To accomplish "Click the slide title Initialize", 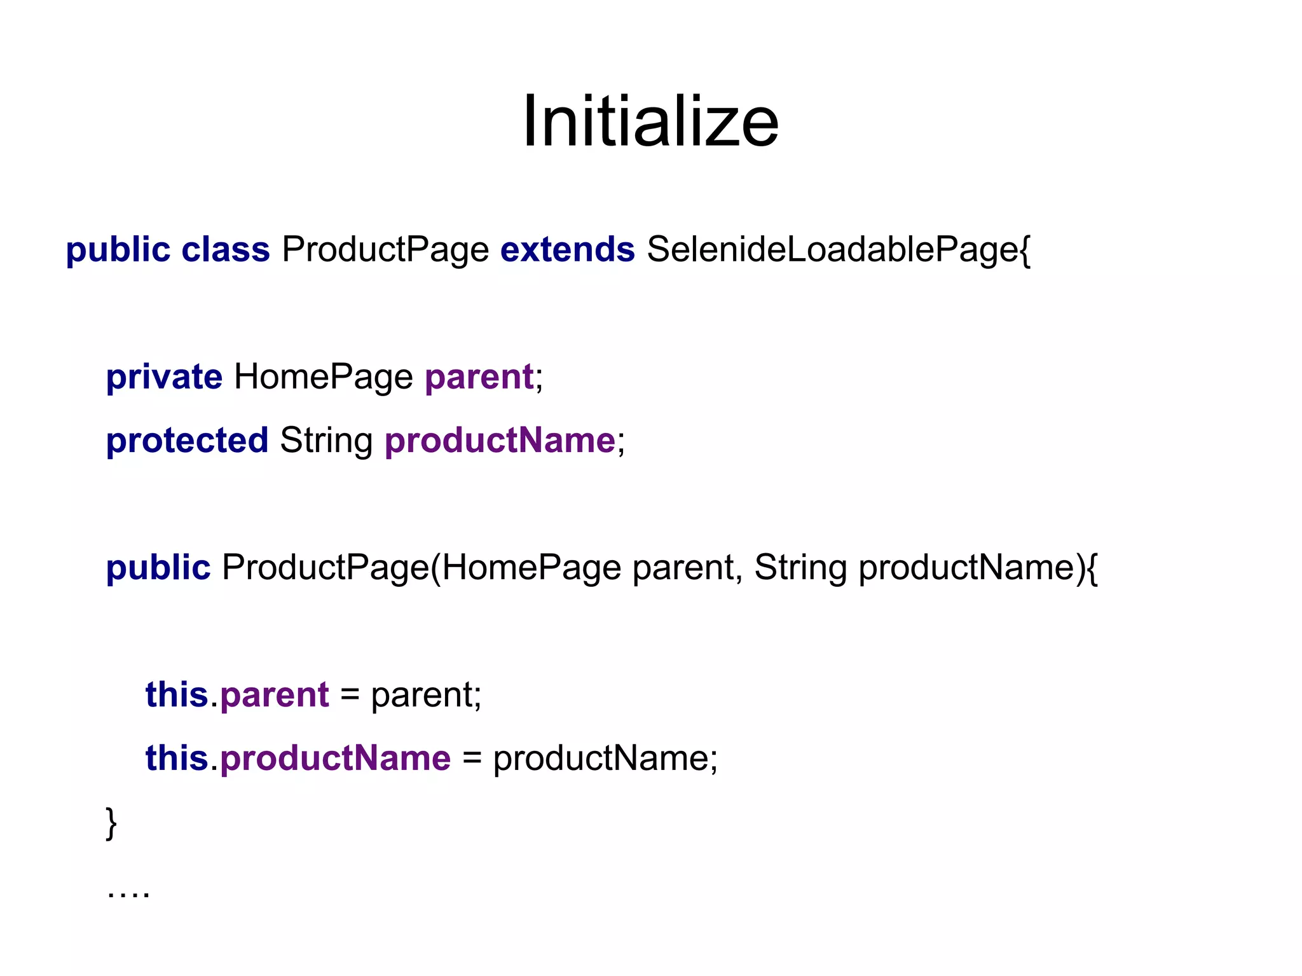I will tap(650, 121).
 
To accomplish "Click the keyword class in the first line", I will tap(226, 249).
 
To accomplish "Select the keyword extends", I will tap(567, 249).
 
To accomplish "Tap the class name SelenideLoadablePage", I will tap(833, 249).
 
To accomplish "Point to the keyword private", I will tap(164, 377).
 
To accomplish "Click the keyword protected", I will tap(188, 441).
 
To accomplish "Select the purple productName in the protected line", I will tap(500, 441).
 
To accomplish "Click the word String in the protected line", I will tap(326, 441).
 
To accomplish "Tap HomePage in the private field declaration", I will tap(324, 377).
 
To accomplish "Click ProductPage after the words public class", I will tap(385, 249).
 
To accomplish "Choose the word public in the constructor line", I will tap(158, 568).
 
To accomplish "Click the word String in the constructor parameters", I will tap(800, 568).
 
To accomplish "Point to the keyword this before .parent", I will tap(177, 695).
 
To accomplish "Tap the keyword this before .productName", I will tap(177, 759).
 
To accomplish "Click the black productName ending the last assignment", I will tap(601, 759).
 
